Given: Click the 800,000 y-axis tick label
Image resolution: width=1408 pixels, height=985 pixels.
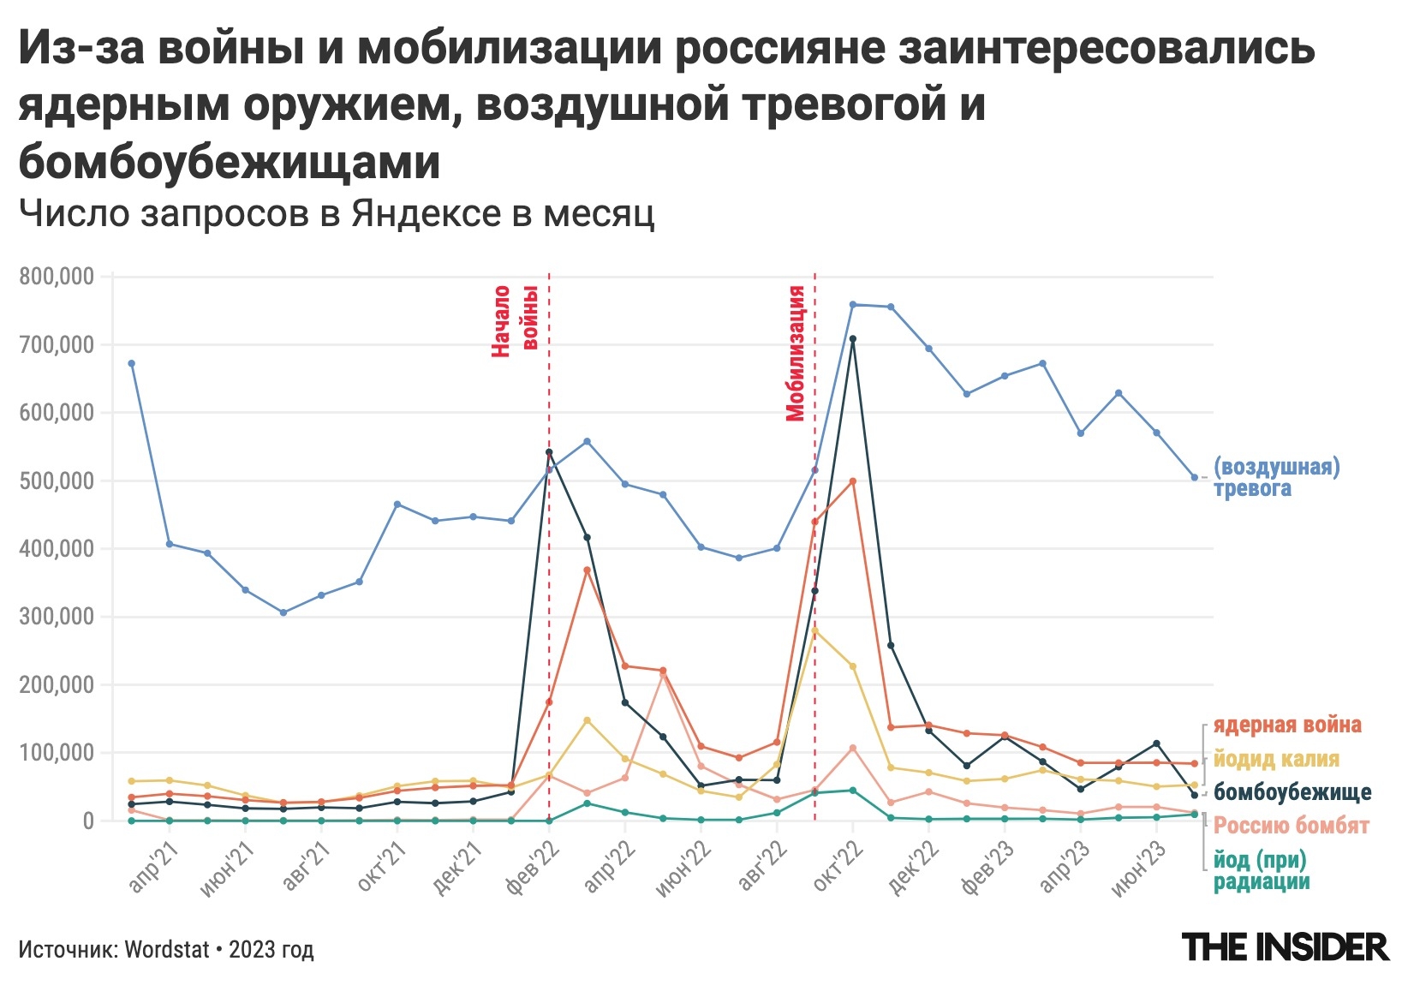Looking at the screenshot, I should click(57, 277).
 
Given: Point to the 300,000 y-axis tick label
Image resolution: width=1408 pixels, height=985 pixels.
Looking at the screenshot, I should click(57, 617).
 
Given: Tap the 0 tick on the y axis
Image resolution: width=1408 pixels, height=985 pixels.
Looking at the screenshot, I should click(87, 821).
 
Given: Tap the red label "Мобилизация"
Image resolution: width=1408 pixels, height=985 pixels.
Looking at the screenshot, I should click(796, 353).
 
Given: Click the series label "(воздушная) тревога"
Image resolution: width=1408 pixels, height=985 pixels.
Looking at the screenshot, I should click(1276, 477).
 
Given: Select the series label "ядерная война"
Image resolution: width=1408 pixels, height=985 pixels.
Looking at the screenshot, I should click(1286, 725).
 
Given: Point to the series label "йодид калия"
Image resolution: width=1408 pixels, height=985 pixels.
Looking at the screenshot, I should click(1276, 759).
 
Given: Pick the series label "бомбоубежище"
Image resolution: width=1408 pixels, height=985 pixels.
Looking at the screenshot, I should click(1292, 792).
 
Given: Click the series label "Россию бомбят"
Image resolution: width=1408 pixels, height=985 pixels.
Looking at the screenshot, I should click(1291, 826).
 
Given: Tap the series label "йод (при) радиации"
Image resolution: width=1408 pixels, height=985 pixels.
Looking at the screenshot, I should click(1261, 870).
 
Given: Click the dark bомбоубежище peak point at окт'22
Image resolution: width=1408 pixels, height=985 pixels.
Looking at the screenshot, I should click(852, 339).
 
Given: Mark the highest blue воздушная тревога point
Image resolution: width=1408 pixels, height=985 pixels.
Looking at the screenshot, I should click(852, 304).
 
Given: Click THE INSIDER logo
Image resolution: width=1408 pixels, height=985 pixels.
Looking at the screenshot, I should click(1285, 947).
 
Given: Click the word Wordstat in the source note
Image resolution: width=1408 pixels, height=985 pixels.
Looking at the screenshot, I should click(167, 950).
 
